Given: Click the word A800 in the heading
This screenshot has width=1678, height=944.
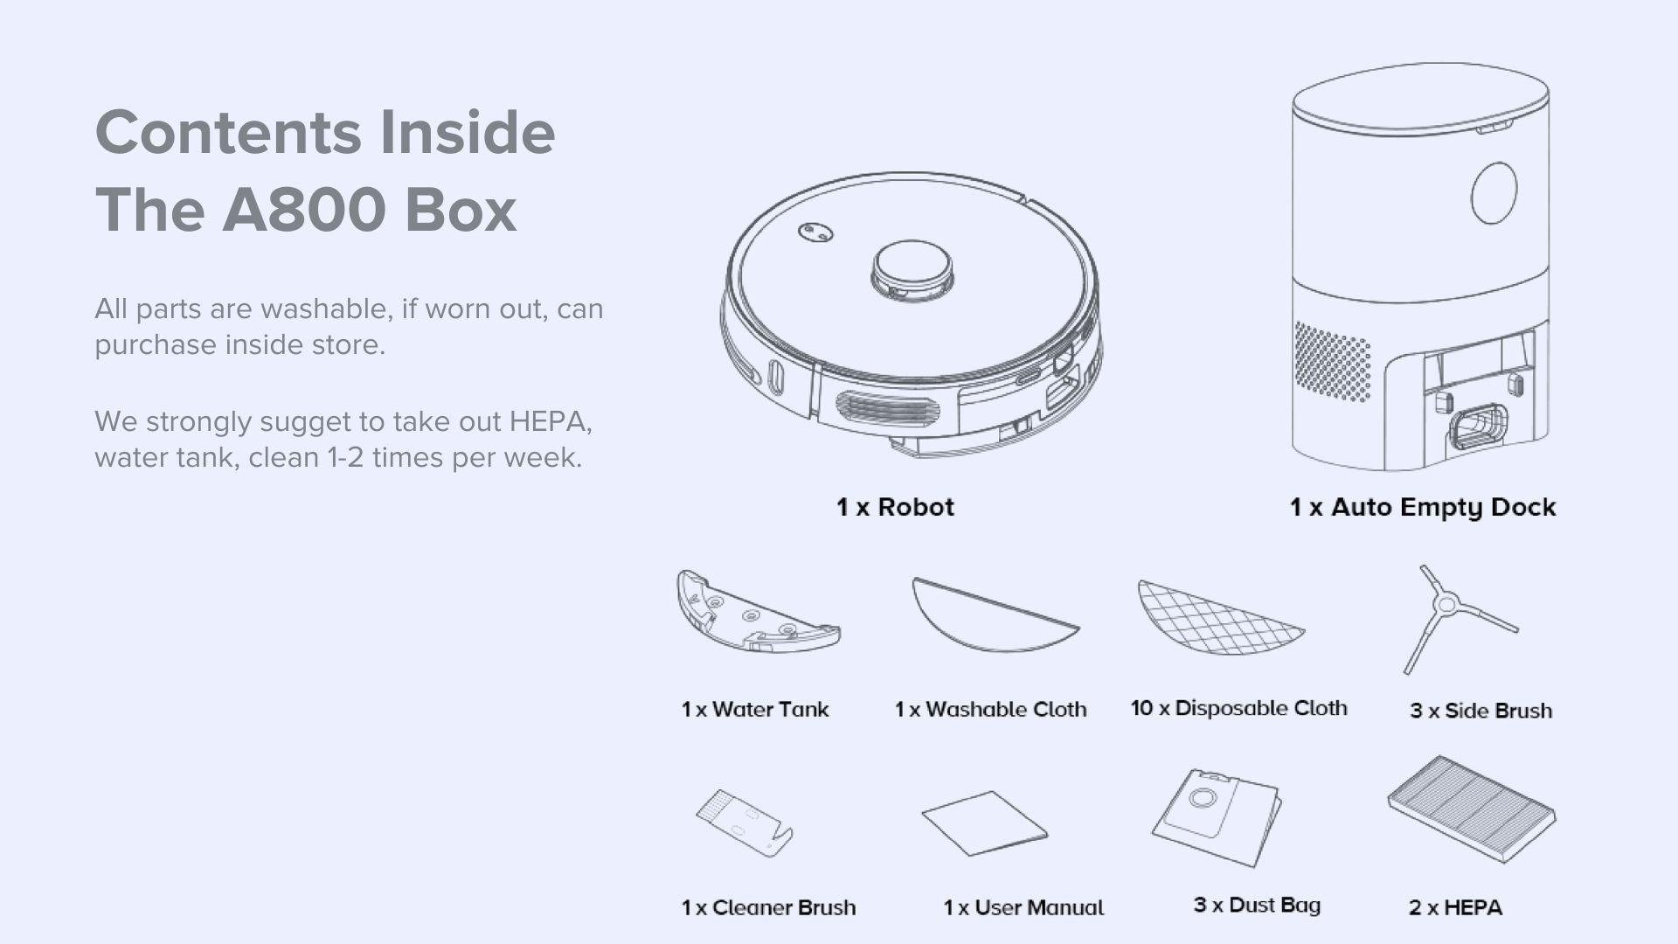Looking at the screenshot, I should [x=303, y=211].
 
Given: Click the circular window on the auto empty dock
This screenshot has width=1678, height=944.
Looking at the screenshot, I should [x=1494, y=193].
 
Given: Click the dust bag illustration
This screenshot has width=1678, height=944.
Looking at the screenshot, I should [x=1216, y=816].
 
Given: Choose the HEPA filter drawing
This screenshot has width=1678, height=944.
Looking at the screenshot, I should [x=1471, y=809].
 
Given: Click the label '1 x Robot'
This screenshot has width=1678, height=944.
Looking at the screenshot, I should [x=895, y=507].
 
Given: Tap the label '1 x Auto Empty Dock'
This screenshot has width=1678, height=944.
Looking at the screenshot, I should [x=1422, y=507].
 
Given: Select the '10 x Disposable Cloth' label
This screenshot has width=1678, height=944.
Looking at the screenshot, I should [x=1238, y=708].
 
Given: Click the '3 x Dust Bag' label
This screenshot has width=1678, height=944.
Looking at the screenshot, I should [x=1257, y=905].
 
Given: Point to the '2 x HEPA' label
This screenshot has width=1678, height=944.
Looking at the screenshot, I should [x=1455, y=907].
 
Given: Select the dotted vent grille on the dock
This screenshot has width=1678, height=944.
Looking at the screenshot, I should [x=1331, y=361].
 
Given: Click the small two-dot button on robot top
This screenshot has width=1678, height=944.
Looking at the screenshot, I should [x=815, y=233].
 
